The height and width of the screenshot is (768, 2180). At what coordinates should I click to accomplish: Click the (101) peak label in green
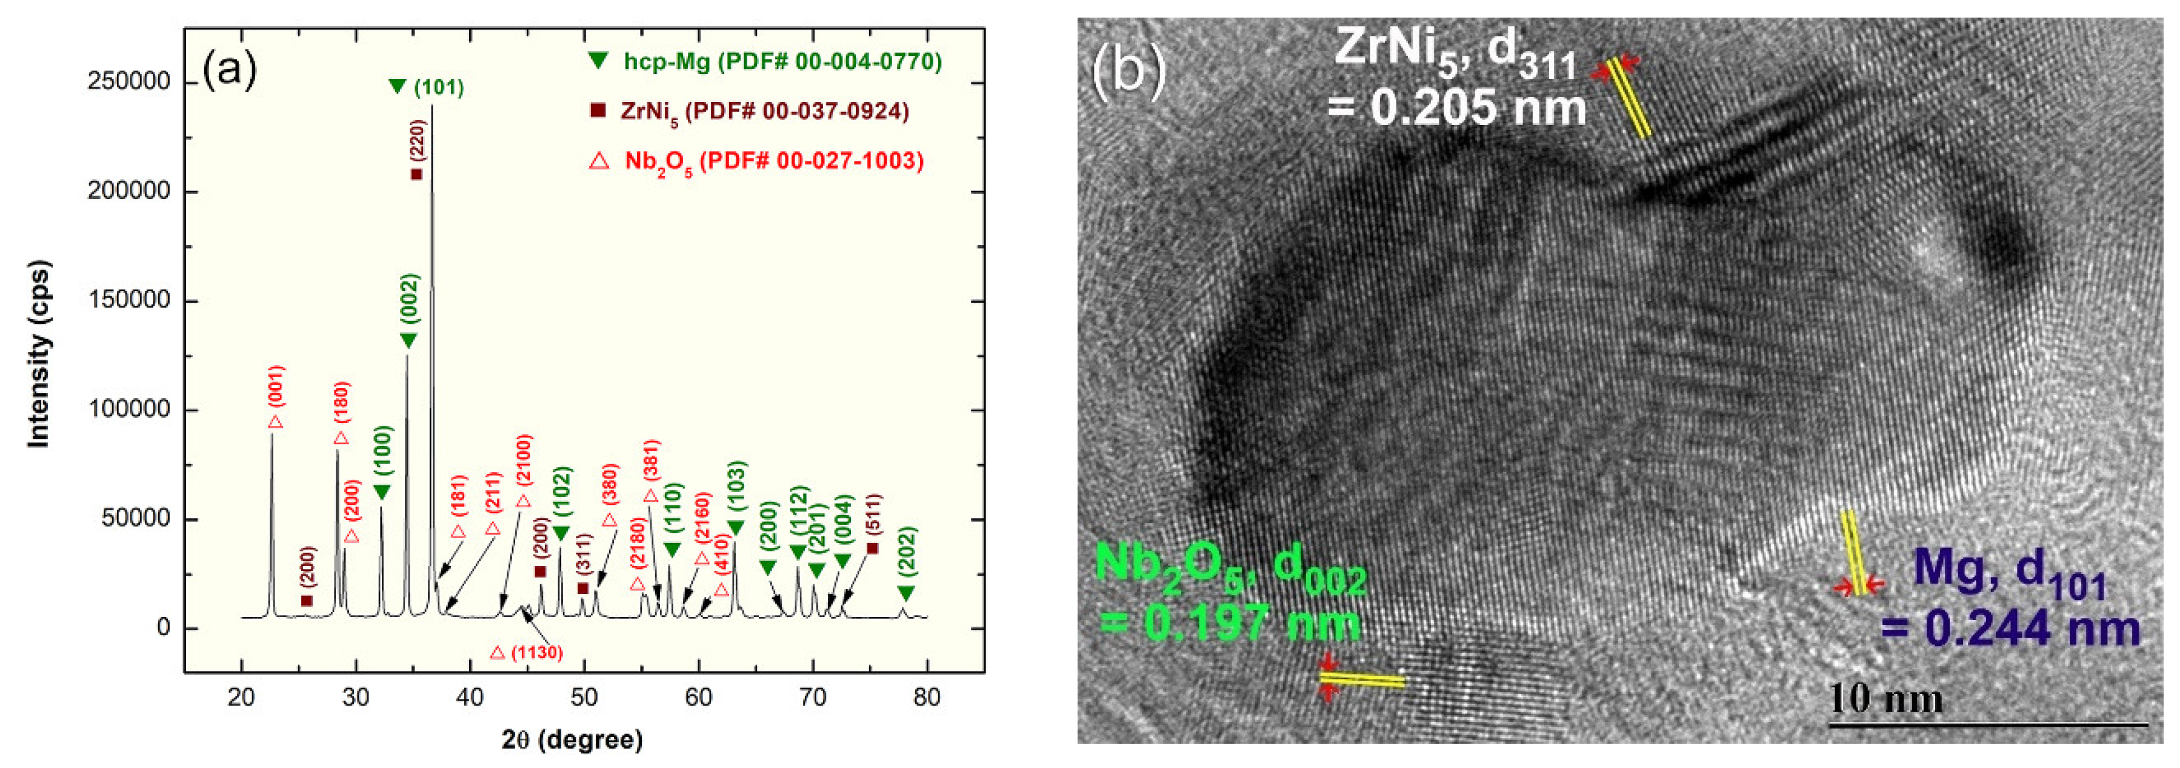coord(438,87)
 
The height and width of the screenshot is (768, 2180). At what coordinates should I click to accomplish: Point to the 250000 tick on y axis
coord(128,82)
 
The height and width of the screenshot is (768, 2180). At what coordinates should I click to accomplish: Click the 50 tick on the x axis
coord(584,698)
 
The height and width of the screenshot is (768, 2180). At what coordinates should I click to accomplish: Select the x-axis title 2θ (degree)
coord(572,740)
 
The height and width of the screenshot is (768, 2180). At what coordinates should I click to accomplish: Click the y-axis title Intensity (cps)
coord(39,354)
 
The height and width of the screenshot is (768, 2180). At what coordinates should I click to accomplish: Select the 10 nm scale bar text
coord(1885,699)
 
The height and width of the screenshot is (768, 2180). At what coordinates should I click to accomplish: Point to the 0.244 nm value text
coord(2010,628)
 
